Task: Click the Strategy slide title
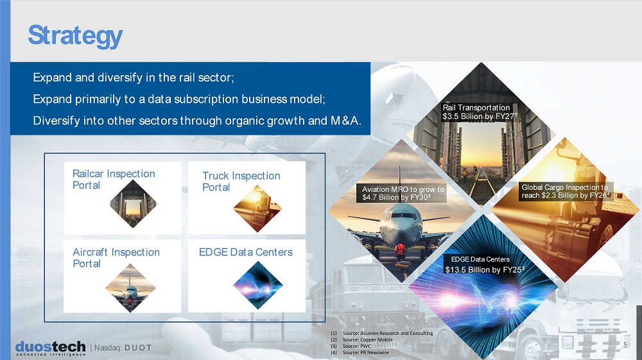pyautogui.click(x=75, y=36)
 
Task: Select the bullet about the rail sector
pyautogui.click(x=134, y=77)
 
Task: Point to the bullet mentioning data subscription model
pyautogui.click(x=179, y=99)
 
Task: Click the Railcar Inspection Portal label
pyautogui.click(x=114, y=179)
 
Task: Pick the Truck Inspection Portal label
pyautogui.click(x=241, y=181)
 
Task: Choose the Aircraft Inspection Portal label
pyautogui.click(x=116, y=258)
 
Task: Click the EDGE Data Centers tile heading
pyautogui.click(x=246, y=252)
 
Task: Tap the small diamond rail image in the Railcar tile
pyautogui.click(x=134, y=203)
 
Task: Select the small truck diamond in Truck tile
pyautogui.click(x=257, y=209)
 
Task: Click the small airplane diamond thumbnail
pyautogui.click(x=130, y=288)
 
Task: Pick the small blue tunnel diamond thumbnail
pyautogui.click(x=258, y=286)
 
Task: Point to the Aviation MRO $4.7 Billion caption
pyautogui.click(x=403, y=193)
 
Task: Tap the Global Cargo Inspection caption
pyautogui.click(x=566, y=191)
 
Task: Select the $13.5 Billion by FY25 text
pyautogui.click(x=485, y=270)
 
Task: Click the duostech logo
pyautogui.click(x=50, y=348)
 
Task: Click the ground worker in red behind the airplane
pyautogui.click(x=400, y=251)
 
